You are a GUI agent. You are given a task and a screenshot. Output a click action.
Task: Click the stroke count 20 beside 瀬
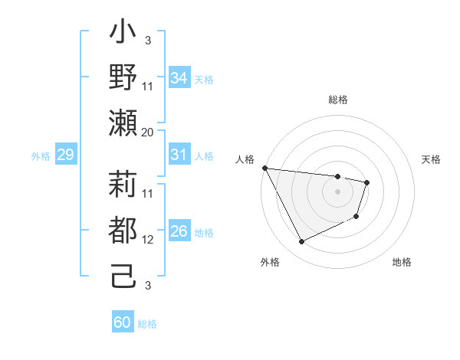pos(148,132)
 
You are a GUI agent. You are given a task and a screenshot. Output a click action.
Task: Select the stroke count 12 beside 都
pos(148,239)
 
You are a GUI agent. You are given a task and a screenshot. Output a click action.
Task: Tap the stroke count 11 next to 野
pos(148,86)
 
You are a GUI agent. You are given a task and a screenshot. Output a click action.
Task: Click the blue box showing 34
pos(179,78)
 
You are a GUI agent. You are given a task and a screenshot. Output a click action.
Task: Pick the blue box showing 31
pos(179,155)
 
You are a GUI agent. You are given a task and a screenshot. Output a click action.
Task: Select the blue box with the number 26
pos(179,231)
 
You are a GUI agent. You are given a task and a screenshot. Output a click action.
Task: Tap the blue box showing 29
pos(65,155)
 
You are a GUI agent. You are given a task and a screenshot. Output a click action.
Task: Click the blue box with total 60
pos(123,322)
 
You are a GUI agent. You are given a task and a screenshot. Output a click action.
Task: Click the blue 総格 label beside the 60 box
pos(147,324)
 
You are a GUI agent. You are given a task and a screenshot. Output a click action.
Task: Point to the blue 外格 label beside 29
pos(41,156)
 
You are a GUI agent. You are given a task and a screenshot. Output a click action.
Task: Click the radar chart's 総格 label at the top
pos(337,100)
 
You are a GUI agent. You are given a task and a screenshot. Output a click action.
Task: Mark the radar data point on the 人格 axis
pos(264,168)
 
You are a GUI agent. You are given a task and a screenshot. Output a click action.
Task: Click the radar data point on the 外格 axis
pos(301,242)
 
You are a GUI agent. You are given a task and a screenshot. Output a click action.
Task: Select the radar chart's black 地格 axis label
pos(402,262)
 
